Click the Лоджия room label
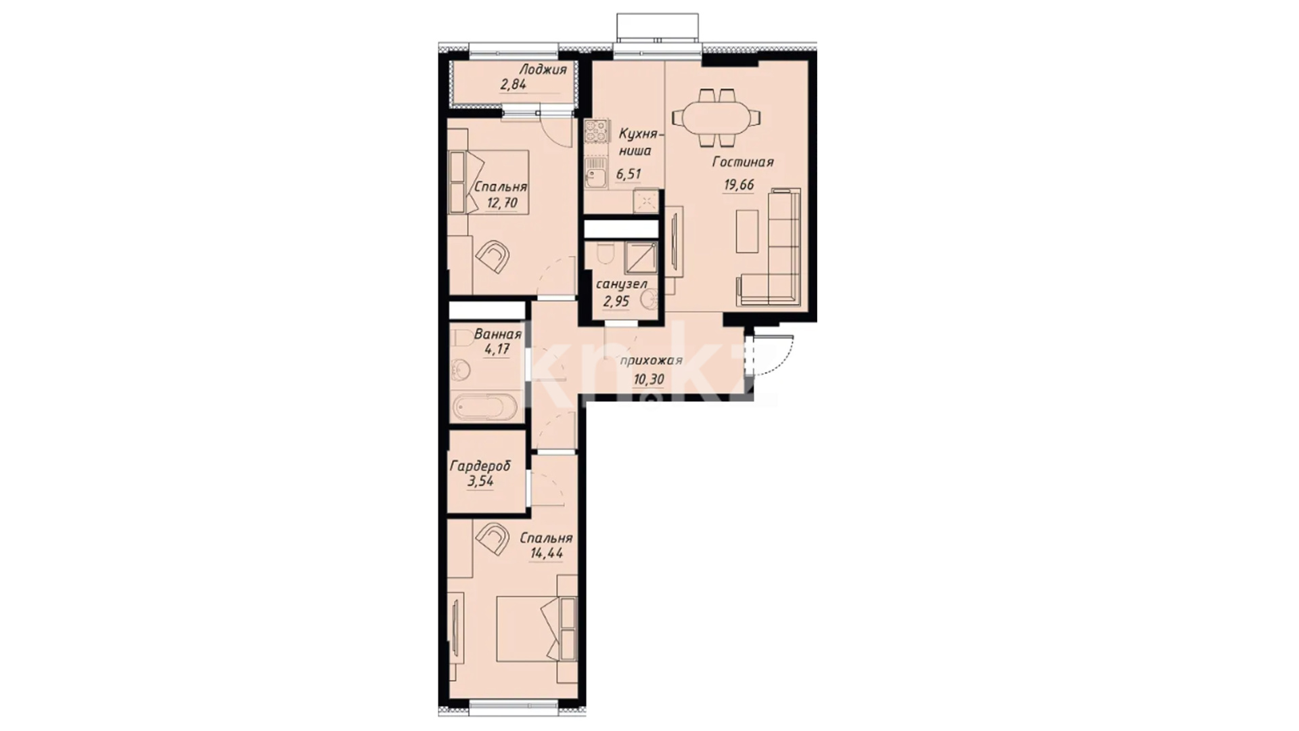[543, 69]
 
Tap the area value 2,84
[514, 85]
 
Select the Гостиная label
[742, 162]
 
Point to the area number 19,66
[738, 185]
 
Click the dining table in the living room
[720, 118]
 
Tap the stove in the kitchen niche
[597, 132]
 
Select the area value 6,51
[628, 174]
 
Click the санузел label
[621, 284]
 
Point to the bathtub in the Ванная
[485, 407]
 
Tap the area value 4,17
[496, 350]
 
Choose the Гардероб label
[480, 466]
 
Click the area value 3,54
[480, 482]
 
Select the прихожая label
[652, 361]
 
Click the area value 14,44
[547, 554]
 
